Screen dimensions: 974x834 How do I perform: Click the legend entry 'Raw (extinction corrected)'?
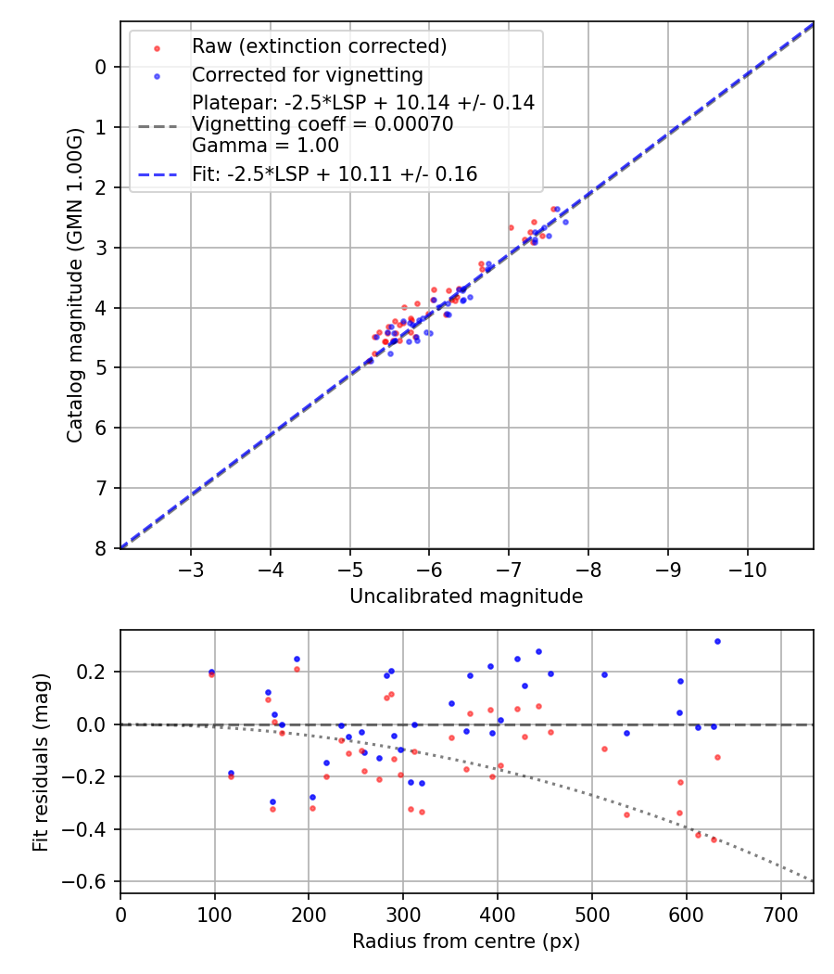click(319, 46)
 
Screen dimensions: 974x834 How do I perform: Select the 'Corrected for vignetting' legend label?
click(307, 75)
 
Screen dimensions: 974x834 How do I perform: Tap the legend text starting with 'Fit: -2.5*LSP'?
click(335, 173)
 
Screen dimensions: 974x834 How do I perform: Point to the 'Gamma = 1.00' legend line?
click(265, 145)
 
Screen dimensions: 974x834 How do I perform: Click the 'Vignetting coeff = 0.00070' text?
click(322, 124)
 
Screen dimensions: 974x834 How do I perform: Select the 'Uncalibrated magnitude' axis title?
click(466, 596)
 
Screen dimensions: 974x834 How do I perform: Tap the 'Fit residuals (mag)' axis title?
click(39, 762)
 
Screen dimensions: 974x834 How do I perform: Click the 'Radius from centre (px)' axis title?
click(466, 942)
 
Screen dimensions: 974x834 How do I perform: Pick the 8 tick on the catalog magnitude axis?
click(102, 549)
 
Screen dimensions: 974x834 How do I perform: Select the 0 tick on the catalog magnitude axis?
click(102, 67)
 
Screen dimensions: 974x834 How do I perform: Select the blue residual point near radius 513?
click(604, 674)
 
